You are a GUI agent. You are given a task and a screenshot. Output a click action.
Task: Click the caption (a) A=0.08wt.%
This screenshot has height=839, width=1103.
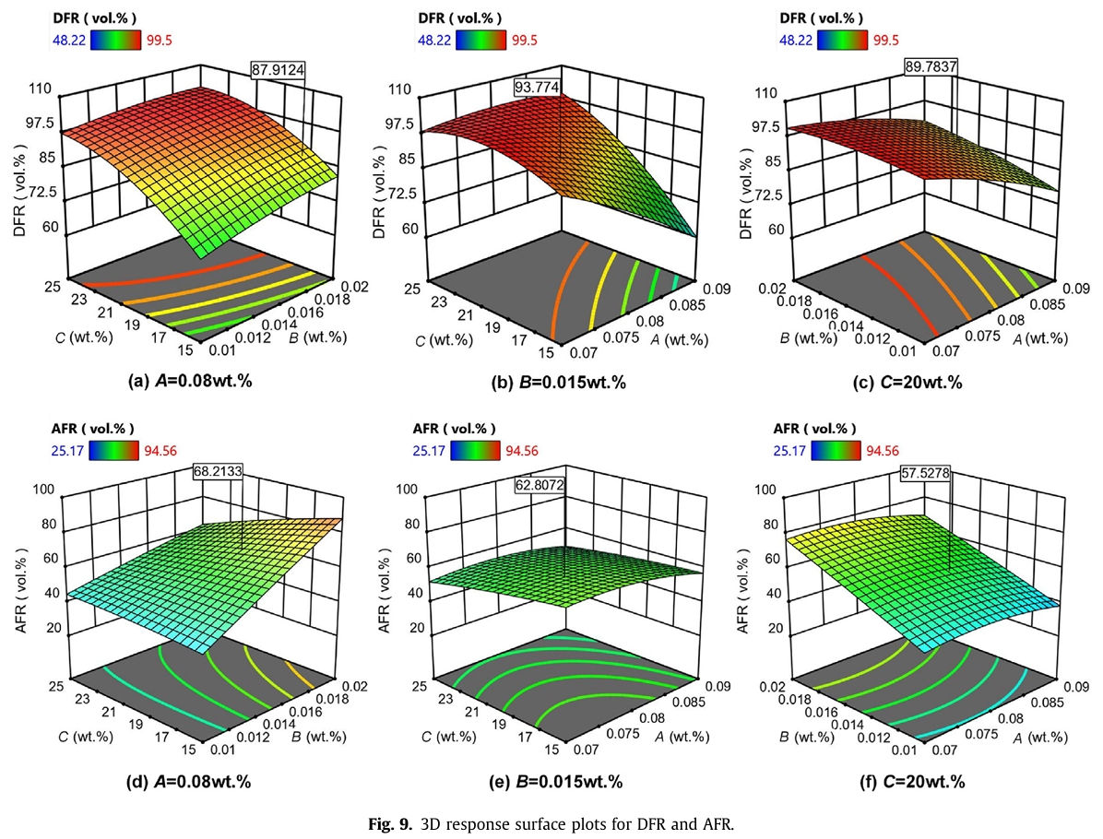(188, 382)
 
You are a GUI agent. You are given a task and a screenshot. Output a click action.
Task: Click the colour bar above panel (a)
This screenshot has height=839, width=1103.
(116, 39)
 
